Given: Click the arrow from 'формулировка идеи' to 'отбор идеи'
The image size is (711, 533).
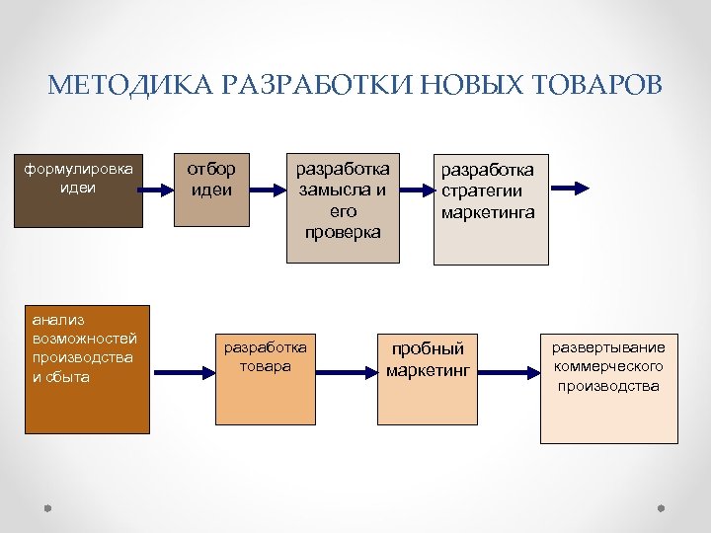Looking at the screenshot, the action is coord(158,188).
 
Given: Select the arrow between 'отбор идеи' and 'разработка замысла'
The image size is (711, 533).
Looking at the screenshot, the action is coord(266,188).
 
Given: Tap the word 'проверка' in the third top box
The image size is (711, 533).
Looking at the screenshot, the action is coord(343,232).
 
